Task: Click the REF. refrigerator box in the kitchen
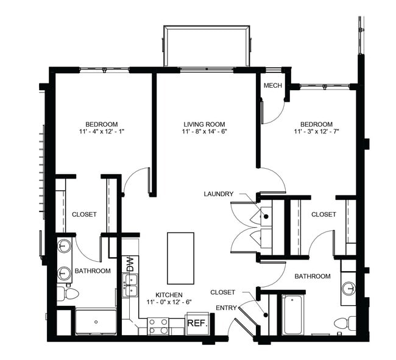pos(197,323)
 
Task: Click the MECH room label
pos(272,85)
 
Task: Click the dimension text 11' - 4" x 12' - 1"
pos(101,131)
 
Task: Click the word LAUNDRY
pos(219,194)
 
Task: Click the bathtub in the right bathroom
pos(292,314)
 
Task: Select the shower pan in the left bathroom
pos(95,322)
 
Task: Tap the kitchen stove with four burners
pos(158,327)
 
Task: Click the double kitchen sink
pos(130,285)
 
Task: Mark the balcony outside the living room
pos(207,46)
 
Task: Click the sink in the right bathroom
pos(349,288)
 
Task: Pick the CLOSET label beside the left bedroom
pos(84,214)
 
